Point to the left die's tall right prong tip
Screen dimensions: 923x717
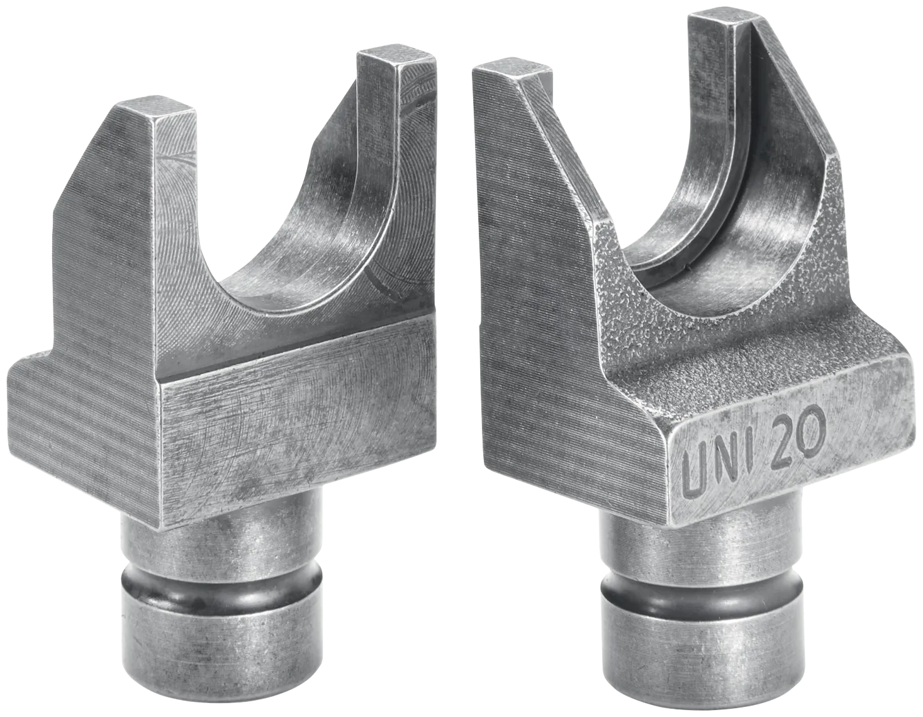click(396, 59)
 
